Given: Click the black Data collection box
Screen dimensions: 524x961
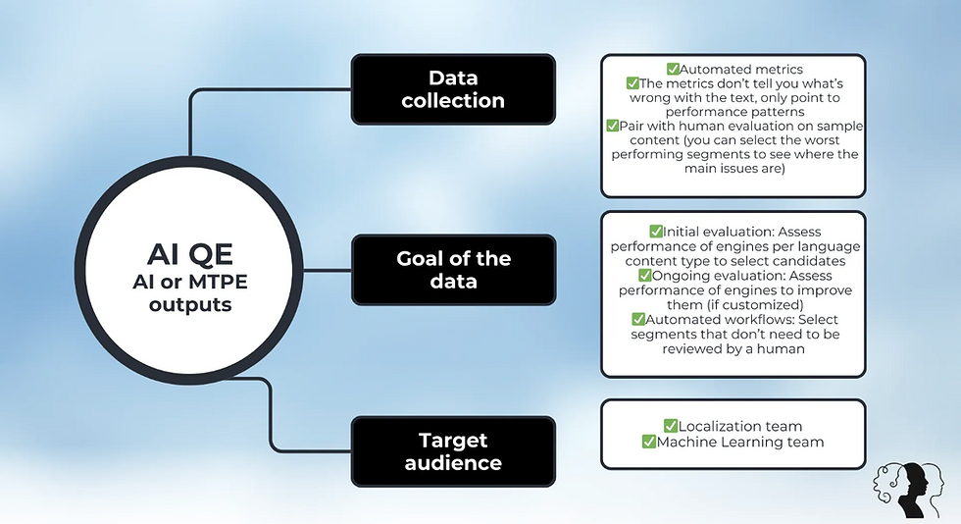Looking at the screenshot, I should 452,88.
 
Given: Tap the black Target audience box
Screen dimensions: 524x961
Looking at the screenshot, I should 452,450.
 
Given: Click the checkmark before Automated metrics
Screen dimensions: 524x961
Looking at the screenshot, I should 673,70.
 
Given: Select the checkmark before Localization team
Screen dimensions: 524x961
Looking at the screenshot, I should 671,426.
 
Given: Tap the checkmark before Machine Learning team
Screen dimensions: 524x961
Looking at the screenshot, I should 649,442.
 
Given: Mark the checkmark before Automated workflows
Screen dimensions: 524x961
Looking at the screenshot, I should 639,320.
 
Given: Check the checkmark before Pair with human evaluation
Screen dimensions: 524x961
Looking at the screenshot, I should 613,126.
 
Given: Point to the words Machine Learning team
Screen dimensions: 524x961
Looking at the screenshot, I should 740,442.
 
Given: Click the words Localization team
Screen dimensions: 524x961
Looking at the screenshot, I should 741,426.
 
